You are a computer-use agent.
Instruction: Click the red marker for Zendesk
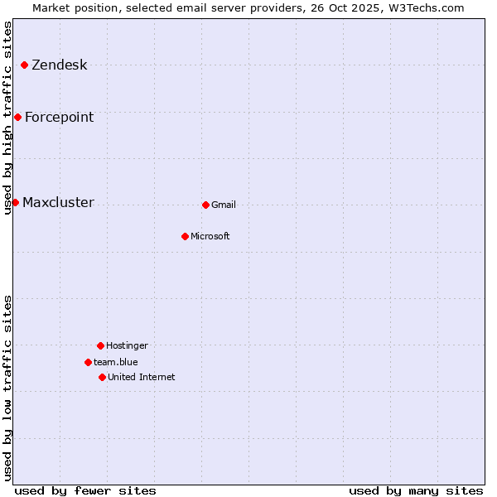25,65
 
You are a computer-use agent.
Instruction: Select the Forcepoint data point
17,117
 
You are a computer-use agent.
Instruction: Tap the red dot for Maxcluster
15,202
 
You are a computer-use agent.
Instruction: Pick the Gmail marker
205,205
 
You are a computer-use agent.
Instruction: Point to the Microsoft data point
185,236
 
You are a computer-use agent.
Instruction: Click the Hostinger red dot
100,345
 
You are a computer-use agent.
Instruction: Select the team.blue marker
88,362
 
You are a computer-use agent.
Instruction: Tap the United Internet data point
102,377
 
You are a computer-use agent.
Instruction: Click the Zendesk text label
59,65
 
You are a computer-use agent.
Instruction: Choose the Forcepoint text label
59,118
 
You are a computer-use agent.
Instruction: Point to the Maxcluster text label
58,203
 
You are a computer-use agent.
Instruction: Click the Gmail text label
224,205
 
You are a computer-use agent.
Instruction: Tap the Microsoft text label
210,237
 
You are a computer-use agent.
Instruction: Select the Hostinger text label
127,346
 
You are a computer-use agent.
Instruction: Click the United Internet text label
142,378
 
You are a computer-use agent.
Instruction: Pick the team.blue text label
116,363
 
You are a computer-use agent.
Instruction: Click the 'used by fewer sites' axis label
85,490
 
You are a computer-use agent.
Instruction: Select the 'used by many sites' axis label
416,490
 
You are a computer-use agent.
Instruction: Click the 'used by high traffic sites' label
7,118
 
